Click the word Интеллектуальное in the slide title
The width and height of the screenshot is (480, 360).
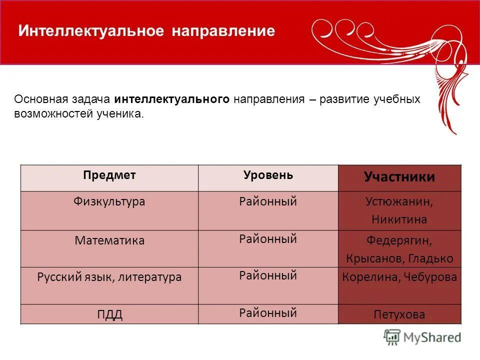click(x=91, y=31)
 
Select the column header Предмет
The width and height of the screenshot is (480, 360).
click(x=109, y=175)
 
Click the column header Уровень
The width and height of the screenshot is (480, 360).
click(x=268, y=175)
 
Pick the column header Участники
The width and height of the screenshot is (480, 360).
click(x=399, y=177)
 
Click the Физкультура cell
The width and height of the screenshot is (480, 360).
click(x=109, y=202)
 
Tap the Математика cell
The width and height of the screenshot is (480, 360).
click(x=109, y=240)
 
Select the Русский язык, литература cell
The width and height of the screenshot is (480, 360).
click(x=109, y=277)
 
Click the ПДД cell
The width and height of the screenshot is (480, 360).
click(x=109, y=314)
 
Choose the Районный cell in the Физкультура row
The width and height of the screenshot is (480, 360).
click(x=268, y=202)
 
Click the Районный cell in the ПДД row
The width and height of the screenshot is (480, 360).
click(x=268, y=313)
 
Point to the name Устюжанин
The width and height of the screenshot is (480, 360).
click(x=398, y=202)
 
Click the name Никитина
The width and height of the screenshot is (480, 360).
click(x=399, y=219)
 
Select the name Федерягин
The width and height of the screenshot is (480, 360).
click(x=398, y=240)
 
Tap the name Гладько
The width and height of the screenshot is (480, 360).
click(x=430, y=258)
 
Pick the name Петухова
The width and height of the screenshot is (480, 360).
click(x=399, y=314)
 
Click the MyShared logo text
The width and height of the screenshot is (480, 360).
click(x=432, y=337)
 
